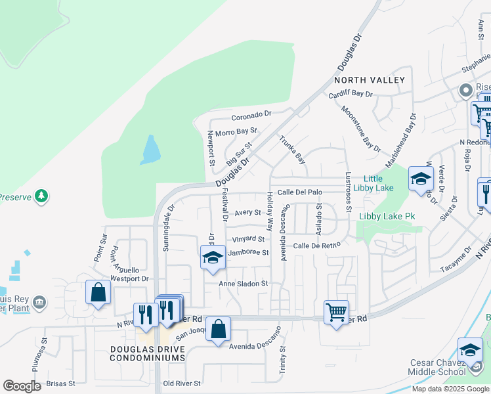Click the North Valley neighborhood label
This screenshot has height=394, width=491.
pos(370,80)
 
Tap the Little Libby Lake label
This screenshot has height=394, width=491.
pos(373,183)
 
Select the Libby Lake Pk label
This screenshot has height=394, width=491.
pos(387,216)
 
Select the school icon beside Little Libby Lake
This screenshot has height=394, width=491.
pos(420,177)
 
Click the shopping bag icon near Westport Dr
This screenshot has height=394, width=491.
pos(98,292)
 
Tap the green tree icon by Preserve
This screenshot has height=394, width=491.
pos(41,196)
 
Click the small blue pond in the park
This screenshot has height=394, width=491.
pos(150,150)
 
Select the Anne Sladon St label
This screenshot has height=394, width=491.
pos(244,284)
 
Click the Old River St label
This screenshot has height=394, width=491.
pos(182,383)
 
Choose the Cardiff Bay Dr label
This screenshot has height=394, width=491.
pos(351,93)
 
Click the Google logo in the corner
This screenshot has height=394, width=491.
pos(22,386)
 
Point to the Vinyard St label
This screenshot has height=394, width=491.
pos(248,240)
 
